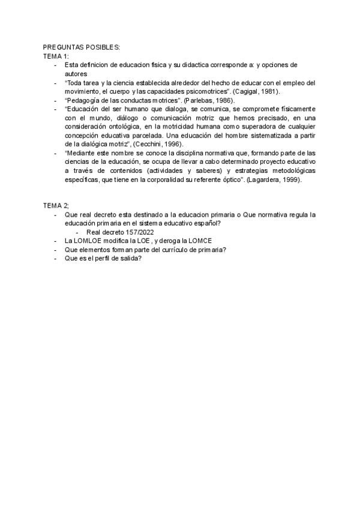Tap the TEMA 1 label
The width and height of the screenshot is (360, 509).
[x=56, y=56]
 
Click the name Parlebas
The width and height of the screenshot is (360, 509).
[x=198, y=100]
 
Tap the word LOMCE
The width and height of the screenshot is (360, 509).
[x=199, y=241]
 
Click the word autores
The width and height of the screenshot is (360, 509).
[x=76, y=73]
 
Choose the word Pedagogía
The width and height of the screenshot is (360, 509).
[x=84, y=100]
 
